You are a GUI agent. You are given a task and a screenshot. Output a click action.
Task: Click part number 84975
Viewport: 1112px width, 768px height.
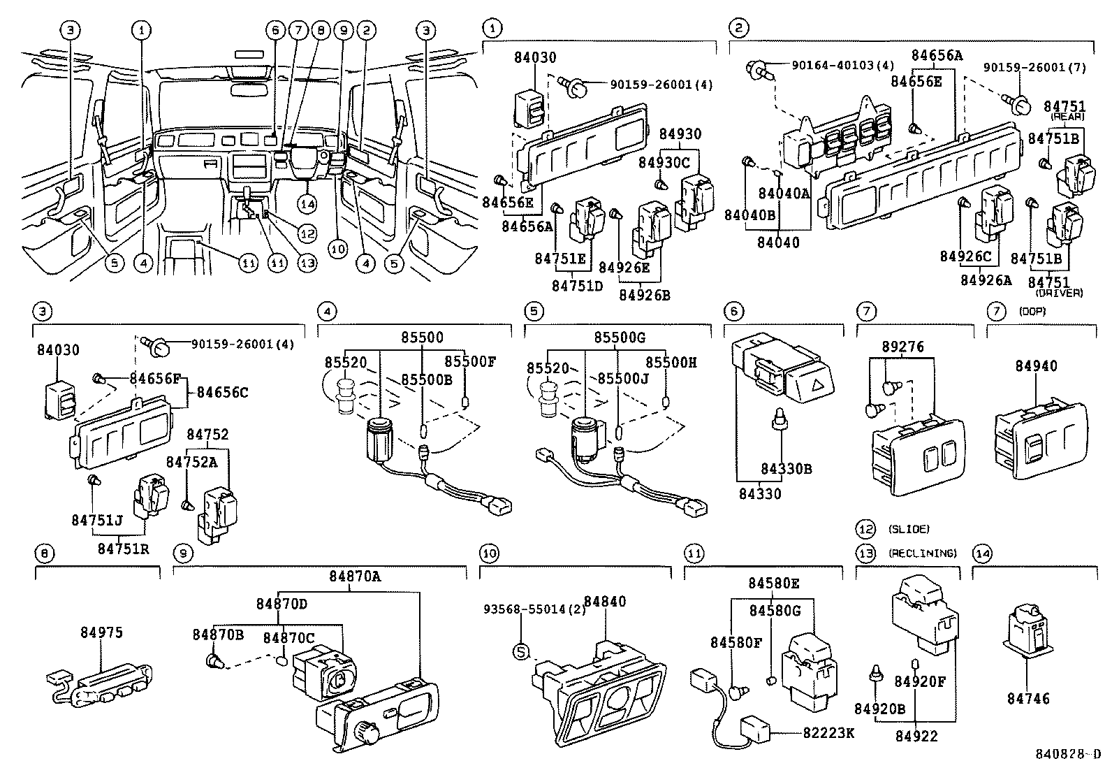click(x=101, y=632)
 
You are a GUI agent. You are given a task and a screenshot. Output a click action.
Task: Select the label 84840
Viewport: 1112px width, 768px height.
click(x=605, y=602)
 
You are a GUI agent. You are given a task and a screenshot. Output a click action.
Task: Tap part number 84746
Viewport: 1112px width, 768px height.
click(x=1028, y=698)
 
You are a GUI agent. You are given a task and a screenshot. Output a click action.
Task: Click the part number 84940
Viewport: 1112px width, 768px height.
click(x=1036, y=366)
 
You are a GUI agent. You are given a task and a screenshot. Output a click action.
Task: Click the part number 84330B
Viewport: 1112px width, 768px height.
click(x=786, y=469)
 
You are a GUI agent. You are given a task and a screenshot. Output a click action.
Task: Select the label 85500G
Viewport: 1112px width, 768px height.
click(x=619, y=338)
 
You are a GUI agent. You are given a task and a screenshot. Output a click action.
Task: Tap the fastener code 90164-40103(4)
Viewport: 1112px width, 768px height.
click(x=842, y=66)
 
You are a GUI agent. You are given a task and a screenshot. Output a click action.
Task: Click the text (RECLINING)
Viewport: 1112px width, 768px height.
click(x=922, y=553)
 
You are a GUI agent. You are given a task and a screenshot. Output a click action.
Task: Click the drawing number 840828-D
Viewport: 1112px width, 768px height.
click(x=1067, y=755)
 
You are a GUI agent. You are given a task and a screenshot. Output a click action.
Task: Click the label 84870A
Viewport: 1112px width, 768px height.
click(x=356, y=577)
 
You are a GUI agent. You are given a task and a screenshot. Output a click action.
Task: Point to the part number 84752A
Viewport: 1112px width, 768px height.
click(x=182, y=461)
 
